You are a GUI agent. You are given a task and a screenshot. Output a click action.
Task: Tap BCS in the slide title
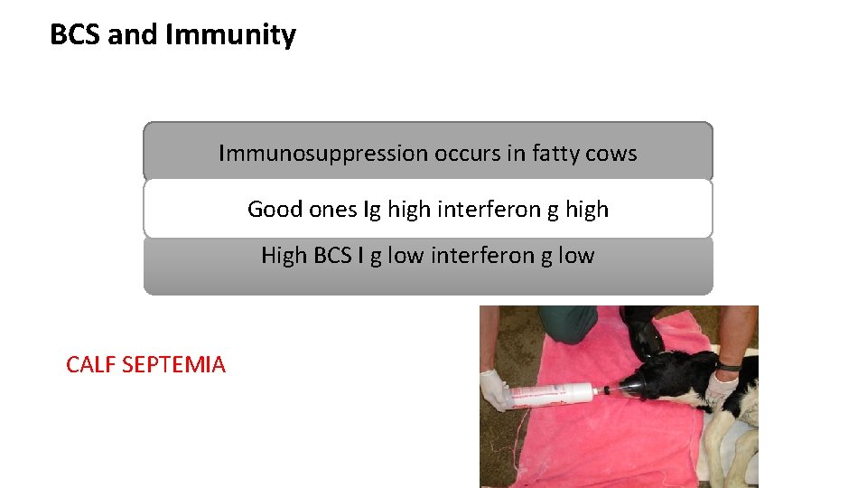76,35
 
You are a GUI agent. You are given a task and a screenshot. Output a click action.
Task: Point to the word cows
611,153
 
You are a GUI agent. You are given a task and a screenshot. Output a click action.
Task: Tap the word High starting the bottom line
284,256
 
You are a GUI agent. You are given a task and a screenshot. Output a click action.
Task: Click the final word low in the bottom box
575,256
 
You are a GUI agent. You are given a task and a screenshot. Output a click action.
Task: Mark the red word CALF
90,365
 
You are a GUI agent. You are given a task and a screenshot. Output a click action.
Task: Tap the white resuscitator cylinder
551,395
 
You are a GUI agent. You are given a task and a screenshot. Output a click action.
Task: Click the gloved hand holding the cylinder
496,389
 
